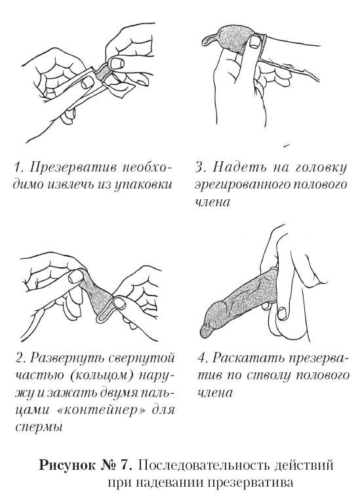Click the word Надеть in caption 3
(x=239, y=166)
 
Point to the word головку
(x=321, y=167)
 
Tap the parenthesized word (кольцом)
(x=102, y=375)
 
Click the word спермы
(x=39, y=428)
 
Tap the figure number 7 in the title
(x=125, y=465)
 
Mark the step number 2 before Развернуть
(x=19, y=358)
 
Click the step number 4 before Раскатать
(x=203, y=358)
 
